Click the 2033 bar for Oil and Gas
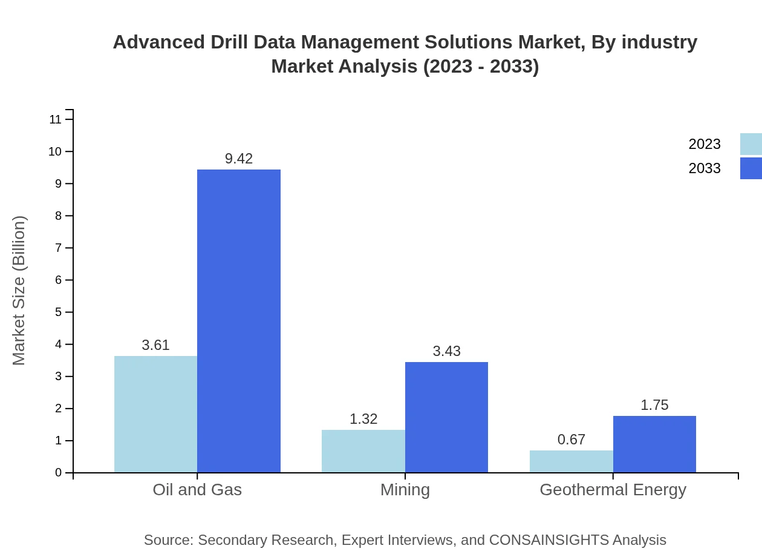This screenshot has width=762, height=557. click(239, 321)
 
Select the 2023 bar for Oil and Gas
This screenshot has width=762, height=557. click(155, 414)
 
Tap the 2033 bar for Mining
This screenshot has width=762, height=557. click(446, 417)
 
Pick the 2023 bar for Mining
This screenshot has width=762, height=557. click(363, 451)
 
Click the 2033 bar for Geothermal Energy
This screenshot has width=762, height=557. click(654, 444)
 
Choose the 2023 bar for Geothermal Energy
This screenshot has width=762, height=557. click(571, 461)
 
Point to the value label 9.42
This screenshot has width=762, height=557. click(239, 159)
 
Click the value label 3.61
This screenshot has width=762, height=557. click(155, 345)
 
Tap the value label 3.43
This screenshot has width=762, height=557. click(446, 351)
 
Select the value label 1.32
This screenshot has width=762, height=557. click(363, 419)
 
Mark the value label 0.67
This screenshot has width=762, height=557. click(571, 440)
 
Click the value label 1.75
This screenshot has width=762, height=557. click(654, 405)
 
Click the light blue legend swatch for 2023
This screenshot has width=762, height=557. click(751, 144)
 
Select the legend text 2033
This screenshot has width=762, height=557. click(704, 168)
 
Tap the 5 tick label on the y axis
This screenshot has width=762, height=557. click(59, 312)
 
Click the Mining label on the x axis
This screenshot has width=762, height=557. click(405, 489)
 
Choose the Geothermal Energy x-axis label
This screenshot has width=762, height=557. click(613, 489)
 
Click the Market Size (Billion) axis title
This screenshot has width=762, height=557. click(19, 291)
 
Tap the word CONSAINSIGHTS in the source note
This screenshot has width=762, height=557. click(548, 540)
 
